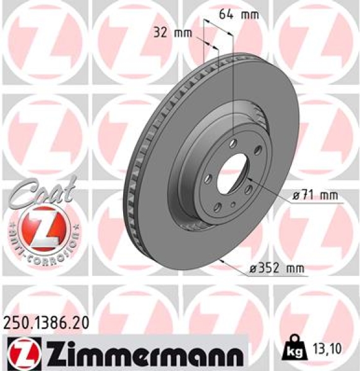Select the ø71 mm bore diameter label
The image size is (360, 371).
(x=316, y=196)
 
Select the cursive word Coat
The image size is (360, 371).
(x=40, y=189)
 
